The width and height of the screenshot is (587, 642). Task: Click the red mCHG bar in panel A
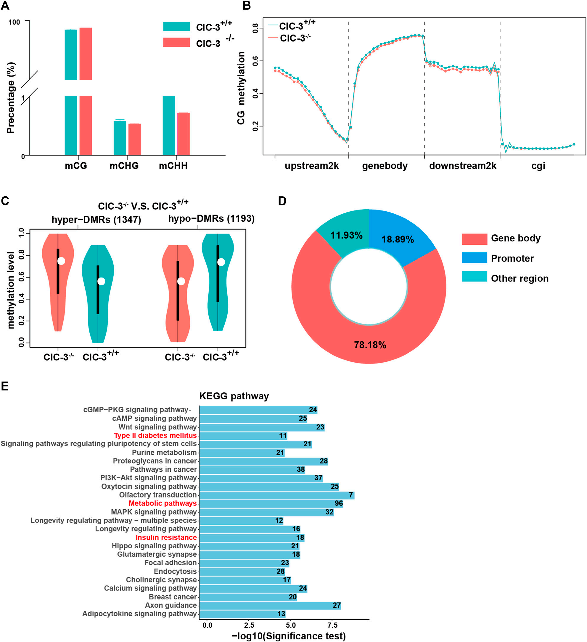point(135,139)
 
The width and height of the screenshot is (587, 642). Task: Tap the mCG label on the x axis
point(76,166)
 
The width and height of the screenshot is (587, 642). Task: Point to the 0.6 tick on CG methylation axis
point(255,61)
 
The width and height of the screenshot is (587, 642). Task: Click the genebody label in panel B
point(385,166)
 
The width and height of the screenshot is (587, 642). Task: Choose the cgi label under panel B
point(538,166)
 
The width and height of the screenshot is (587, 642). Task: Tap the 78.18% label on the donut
point(370,345)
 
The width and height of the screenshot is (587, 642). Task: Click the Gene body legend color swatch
point(475,239)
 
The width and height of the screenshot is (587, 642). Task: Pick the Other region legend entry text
point(520,278)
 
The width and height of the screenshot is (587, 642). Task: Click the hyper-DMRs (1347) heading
point(96,219)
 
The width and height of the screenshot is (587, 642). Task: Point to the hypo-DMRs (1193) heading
point(211,218)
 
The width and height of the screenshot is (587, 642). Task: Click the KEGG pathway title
point(234,396)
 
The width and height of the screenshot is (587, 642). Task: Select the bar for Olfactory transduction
point(277,495)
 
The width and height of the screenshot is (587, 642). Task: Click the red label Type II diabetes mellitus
point(155,435)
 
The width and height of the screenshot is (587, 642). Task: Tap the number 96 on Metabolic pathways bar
point(339,503)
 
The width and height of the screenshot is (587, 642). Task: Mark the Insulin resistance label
point(166,537)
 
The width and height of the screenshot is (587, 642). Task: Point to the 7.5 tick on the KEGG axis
point(332,625)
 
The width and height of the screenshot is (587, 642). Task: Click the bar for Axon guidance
point(270,605)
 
